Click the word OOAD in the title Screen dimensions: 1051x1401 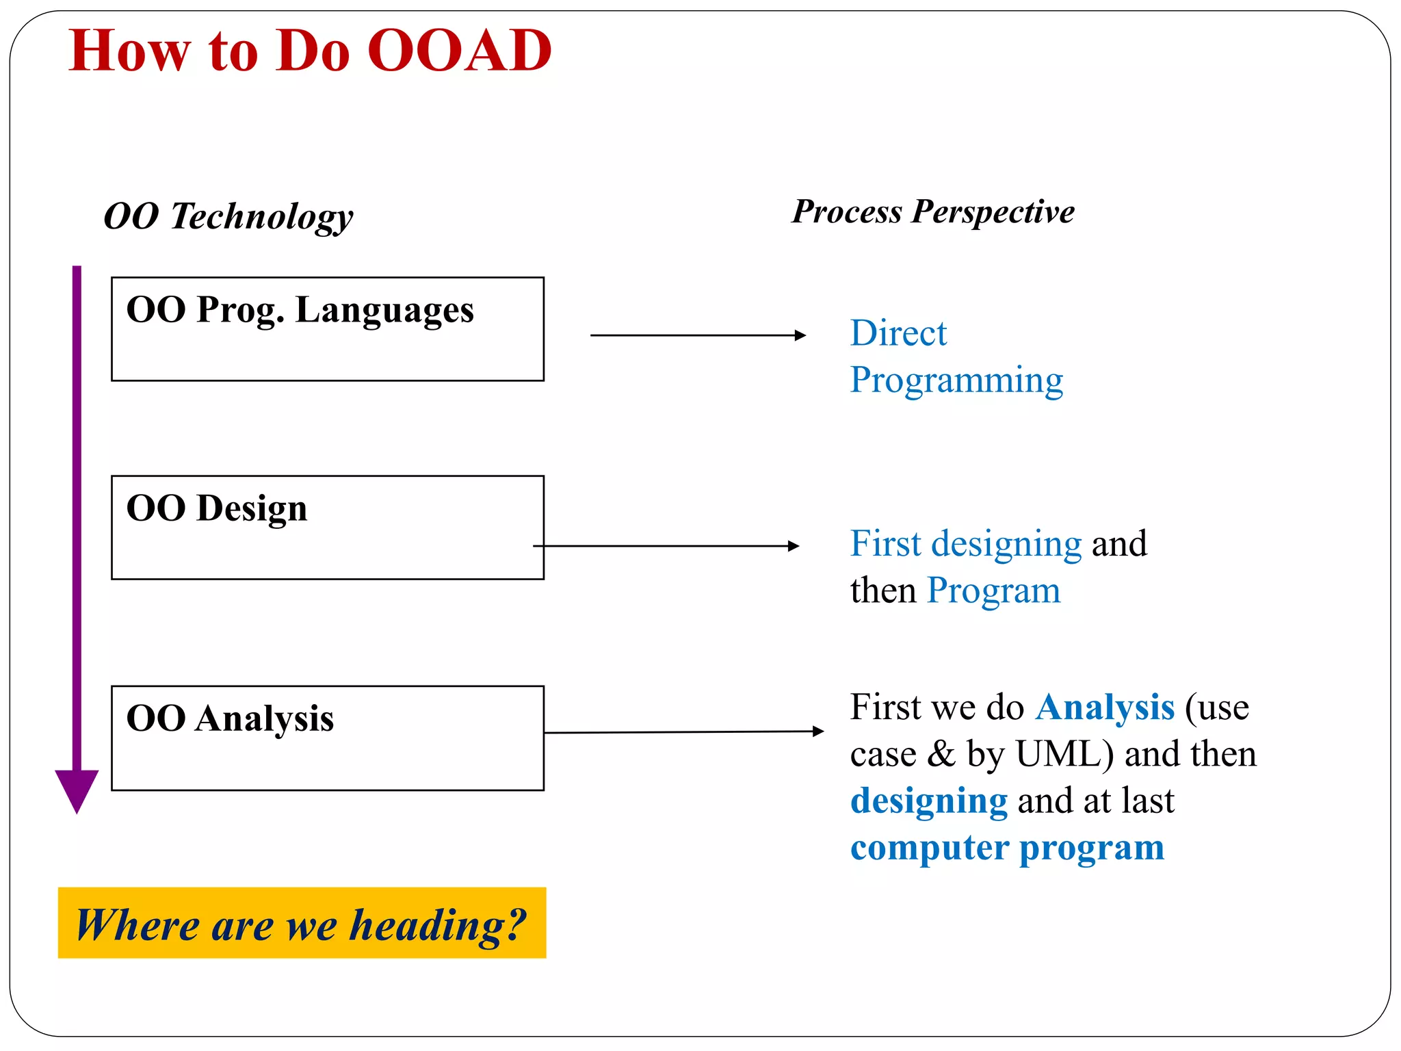[x=459, y=51]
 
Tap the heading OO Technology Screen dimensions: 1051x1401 [x=228, y=216]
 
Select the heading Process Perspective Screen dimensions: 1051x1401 [x=933, y=211]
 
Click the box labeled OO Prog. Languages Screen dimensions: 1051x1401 [x=327, y=329]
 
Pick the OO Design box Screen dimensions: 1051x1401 [x=327, y=528]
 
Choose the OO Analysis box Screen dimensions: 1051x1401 [x=327, y=738]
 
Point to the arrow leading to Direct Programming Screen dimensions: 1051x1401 [x=698, y=335]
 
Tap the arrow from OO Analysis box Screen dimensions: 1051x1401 [x=684, y=732]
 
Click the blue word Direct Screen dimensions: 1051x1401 [x=898, y=334]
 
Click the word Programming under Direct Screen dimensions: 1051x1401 [x=956, y=380]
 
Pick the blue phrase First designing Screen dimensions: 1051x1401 [x=965, y=545]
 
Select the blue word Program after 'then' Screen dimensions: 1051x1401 [x=993, y=591]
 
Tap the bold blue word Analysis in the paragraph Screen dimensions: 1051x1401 [x=1105, y=708]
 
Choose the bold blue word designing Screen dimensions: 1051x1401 [x=928, y=801]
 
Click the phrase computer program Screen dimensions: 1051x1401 [x=1006, y=848]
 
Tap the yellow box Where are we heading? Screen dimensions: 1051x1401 [x=302, y=923]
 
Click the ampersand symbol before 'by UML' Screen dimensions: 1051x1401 [x=941, y=754]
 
